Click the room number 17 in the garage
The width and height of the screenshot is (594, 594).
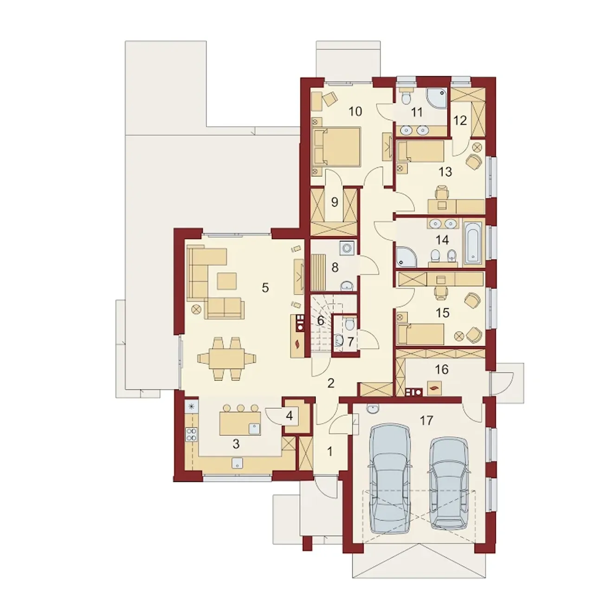(426, 420)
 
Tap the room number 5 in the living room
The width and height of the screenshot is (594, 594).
(265, 288)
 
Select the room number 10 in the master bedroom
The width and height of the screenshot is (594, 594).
(355, 111)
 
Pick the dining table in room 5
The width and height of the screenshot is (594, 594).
(226, 358)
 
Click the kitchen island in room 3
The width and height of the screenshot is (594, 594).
(240, 423)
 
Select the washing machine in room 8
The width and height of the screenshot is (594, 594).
(348, 247)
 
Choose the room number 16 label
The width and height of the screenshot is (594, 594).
(442, 369)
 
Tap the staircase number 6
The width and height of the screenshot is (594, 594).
(321, 321)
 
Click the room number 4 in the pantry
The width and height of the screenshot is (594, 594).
(289, 416)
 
